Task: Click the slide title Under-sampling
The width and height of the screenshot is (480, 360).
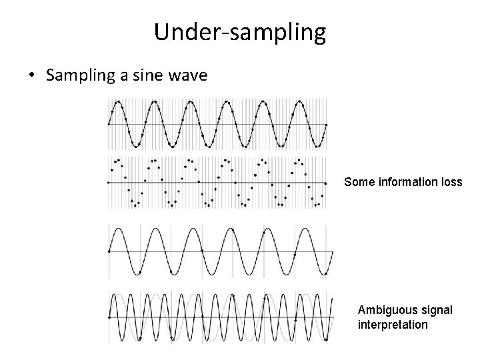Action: tap(240, 31)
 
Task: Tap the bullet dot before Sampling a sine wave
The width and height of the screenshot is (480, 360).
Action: tap(31, 75)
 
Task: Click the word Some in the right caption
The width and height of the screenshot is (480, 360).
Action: tap(358, 181)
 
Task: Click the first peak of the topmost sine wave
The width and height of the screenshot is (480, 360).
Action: tap(118, 101)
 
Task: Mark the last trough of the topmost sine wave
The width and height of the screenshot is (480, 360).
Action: tap(317, 146)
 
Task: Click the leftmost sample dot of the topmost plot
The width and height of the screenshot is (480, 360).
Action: tap(109, 124)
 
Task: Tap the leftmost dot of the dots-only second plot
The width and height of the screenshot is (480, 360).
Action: tap(109, 182)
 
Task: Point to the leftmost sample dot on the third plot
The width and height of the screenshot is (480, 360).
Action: tap(109, 251)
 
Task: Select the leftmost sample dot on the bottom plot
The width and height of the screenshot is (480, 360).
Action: tap(109, 318)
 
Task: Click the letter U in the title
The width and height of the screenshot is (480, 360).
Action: tap(161, 31)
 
